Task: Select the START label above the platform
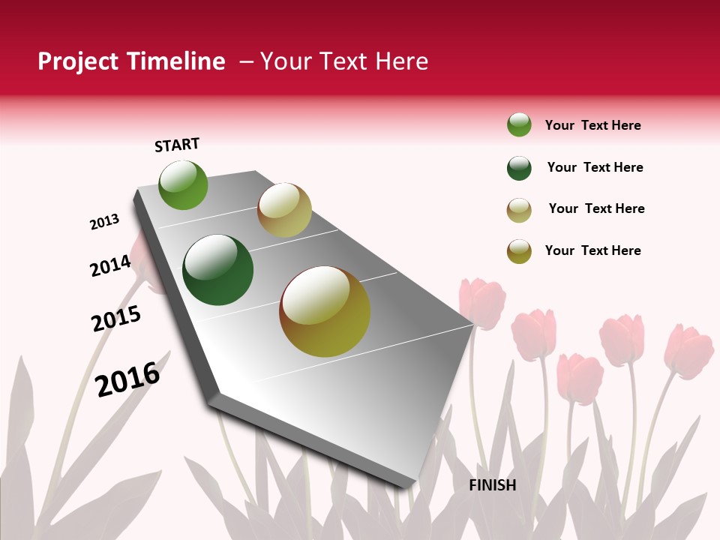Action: point(177,145)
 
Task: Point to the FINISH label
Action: point(493,485)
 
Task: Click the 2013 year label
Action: point(105,222)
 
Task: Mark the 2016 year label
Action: point(128,379)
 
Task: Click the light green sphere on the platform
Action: point(184,184)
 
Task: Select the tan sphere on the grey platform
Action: point(284,210)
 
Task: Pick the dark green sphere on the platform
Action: point(218,270)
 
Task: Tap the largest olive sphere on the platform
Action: point(325,311)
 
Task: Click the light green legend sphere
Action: point(519,125)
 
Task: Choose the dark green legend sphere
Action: point(519,168)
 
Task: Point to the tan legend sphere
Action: point(519,210)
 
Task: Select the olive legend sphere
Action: point(519,251)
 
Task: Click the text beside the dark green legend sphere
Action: point(595,167)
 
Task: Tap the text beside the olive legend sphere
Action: point(592,250)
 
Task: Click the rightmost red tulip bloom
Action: point(688,351)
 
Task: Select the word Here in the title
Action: point(401,61)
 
